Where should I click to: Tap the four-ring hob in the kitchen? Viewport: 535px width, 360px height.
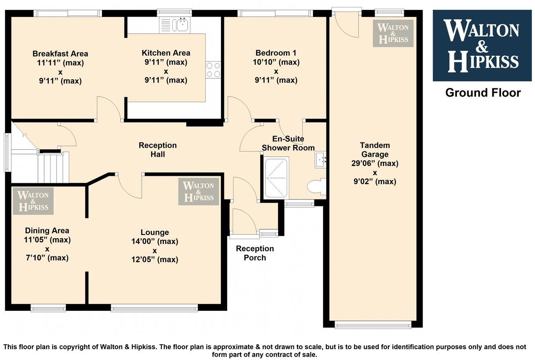coord(213,70)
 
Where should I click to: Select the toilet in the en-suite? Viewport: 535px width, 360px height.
coord(317,186)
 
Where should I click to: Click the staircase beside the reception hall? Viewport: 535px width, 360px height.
coord(52,167)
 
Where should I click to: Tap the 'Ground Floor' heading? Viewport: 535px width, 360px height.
coord(483,92)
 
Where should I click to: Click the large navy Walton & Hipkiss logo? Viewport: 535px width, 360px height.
coord(482,45)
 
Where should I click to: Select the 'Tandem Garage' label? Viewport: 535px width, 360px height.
coord(375,150)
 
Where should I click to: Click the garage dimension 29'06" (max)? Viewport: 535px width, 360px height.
coord(375,163)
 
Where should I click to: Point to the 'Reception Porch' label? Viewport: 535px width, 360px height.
coord(255,253)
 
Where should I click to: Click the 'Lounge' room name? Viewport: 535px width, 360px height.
coord(155,232)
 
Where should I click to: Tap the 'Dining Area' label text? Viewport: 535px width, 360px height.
coord(47,230)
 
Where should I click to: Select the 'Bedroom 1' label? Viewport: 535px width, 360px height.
coord(276,53)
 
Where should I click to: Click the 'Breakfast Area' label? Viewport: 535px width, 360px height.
coord(60,54)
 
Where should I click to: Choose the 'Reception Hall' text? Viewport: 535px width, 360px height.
coord(157,149)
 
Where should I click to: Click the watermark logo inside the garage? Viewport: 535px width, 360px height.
coord(393,33)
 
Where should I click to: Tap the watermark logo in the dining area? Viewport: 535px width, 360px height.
coord(33,201)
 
